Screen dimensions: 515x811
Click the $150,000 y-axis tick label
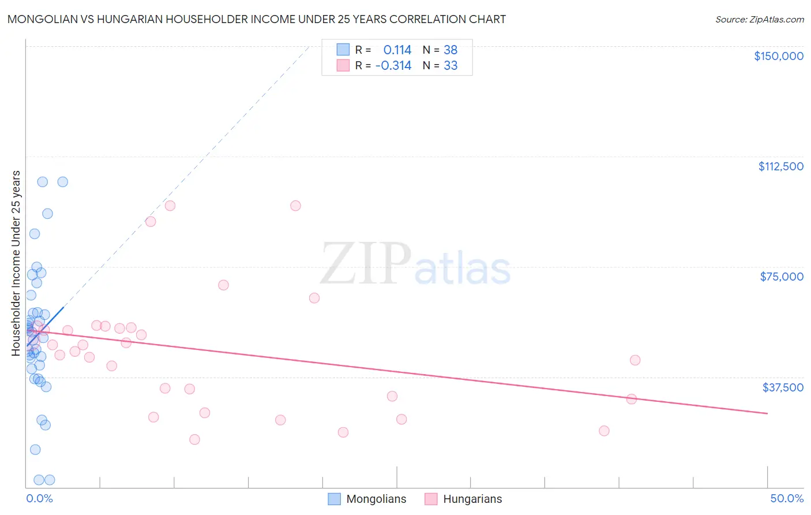point(778,56)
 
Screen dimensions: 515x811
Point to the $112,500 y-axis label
point(780,166)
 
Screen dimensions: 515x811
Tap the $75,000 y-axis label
point(782,277)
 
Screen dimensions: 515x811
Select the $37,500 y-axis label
point(782,387)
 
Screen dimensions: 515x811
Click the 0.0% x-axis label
point(39,499)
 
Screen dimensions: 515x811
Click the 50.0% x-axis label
point(786,499)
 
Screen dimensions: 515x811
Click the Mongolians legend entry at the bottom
point(367,499)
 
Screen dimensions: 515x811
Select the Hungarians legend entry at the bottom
point(464,499)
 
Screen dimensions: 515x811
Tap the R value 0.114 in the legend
point(397,50)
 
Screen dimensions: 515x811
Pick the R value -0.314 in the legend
point(393,66)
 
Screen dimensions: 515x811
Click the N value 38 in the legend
point(450,50)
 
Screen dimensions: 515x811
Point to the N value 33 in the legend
point(450,66)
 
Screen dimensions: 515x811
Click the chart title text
point(257,19)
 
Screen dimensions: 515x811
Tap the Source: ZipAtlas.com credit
point(759,20)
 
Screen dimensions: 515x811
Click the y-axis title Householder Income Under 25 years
point(16,263)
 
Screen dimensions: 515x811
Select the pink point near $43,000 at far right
point(635,360)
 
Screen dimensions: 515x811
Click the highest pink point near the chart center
point(295,206)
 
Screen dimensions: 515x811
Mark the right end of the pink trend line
point(767,413)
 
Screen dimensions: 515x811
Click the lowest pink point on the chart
point(194,439)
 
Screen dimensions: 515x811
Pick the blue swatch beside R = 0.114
point(343,50)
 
